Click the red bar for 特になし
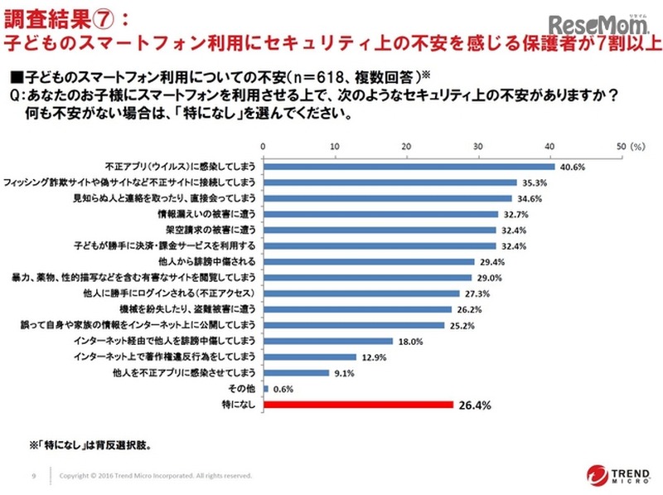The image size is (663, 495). [x=358, y=405]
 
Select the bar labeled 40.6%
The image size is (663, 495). [x=409, y=167]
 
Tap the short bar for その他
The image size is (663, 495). [x=265, y=389]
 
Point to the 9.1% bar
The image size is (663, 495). [x=296, y=373]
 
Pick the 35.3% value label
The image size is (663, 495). [x=534, y=182]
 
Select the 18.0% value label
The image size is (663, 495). [x=412, y=341]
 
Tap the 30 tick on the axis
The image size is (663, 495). [x=477, y=146]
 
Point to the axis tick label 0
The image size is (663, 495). [x=263, y=146]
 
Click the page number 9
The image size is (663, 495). [x=32, y=476]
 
